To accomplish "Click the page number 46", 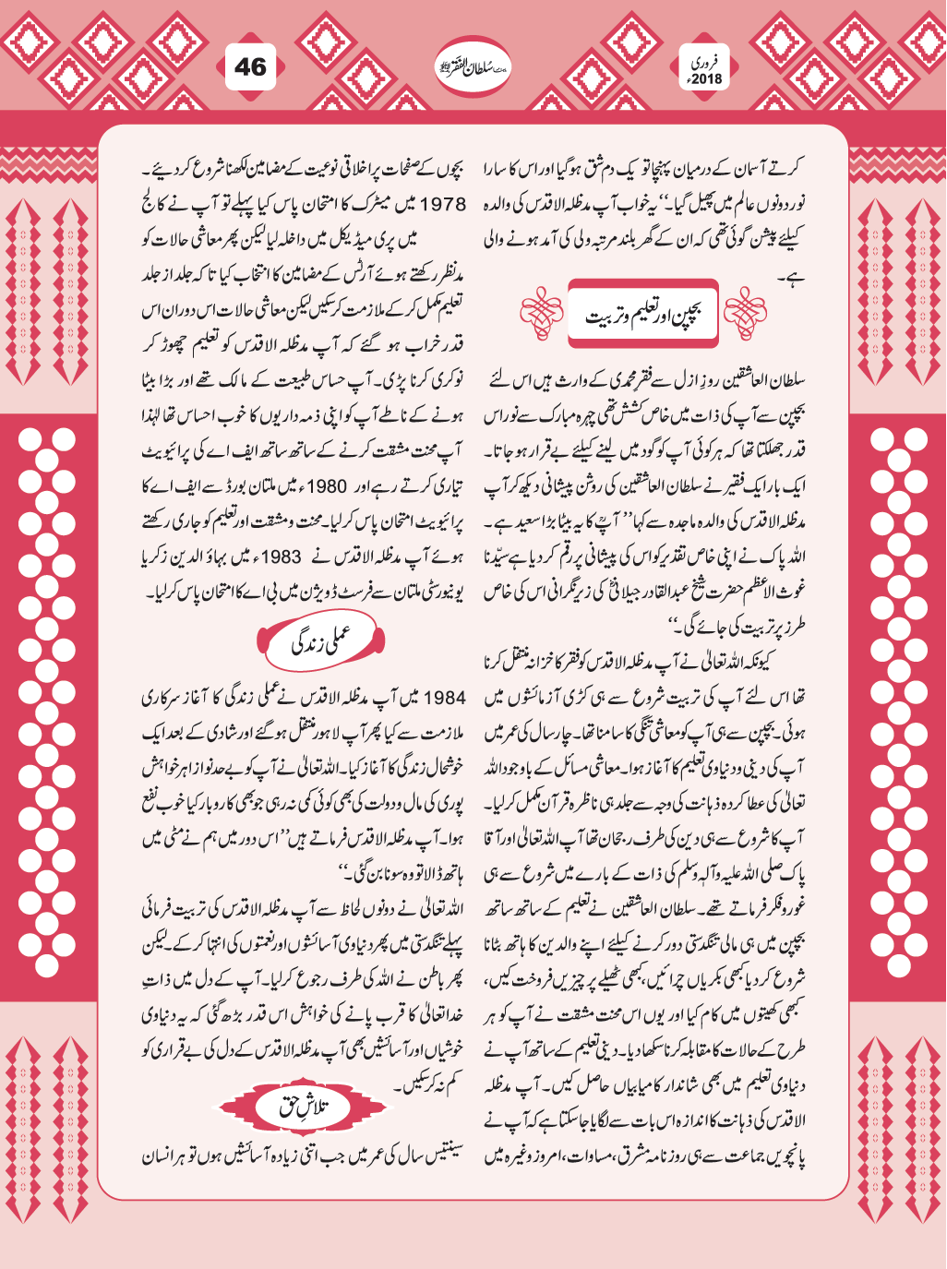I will coord(250,67).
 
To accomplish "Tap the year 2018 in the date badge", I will coord(706,79).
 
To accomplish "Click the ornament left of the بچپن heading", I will coord(541,313).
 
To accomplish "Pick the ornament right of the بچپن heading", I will coord(744,313).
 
